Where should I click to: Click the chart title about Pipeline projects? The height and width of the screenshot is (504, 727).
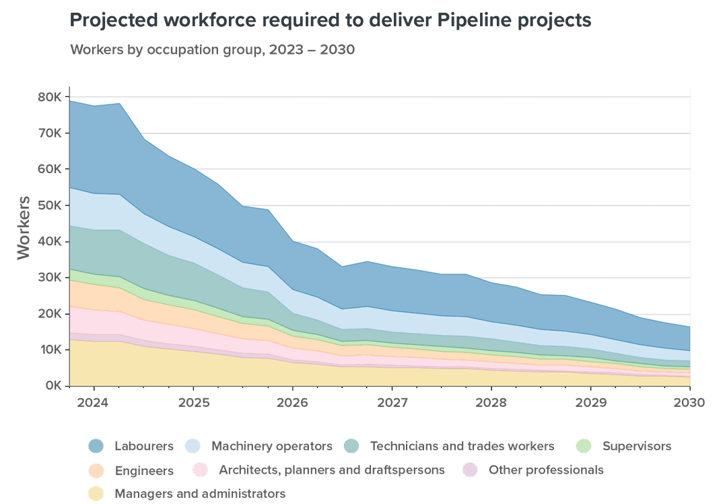[x=331, y=21]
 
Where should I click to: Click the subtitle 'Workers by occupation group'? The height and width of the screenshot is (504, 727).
[x=212, y=51]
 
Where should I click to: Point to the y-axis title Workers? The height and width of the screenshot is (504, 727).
[x=24, y=228]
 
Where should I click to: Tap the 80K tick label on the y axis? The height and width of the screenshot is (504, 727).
[x=50, y=97]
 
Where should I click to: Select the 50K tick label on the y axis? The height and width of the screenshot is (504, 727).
[x=50, y=206]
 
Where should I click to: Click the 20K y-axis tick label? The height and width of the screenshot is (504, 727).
[x=50, y=314]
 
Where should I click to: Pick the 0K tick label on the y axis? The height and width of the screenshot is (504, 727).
[x=53, y=386]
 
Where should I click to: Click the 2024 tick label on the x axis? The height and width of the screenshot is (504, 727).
[x=94, y=402]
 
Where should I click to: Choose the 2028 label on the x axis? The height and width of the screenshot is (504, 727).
[x=491, y=402]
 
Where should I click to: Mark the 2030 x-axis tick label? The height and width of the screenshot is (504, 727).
[x=690, y=402]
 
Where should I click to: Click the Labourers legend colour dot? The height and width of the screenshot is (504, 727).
[x=96, y=446]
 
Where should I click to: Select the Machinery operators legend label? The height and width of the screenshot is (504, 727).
[x=272, y=446]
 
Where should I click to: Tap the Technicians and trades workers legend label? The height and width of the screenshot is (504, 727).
[x=462, y=446]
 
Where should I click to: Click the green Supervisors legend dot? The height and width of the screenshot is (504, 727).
[x=584, y=446]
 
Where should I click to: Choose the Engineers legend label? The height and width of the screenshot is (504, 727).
[x=144, y=470]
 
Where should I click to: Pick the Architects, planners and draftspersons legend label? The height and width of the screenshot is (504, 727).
[x=332, y=470]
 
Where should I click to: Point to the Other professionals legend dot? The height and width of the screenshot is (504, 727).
[x=471, y=470]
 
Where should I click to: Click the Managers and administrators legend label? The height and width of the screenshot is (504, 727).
[x=200, y=494]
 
